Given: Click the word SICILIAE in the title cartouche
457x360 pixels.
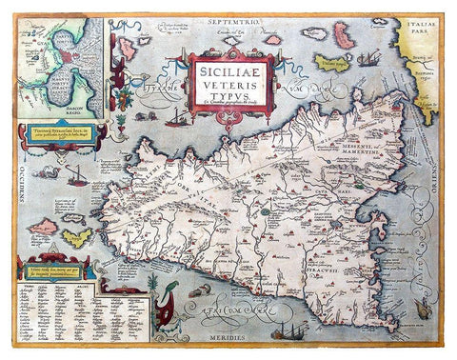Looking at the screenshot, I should tap(230, 69).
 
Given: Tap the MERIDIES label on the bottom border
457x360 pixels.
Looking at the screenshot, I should tap(230, 338).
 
